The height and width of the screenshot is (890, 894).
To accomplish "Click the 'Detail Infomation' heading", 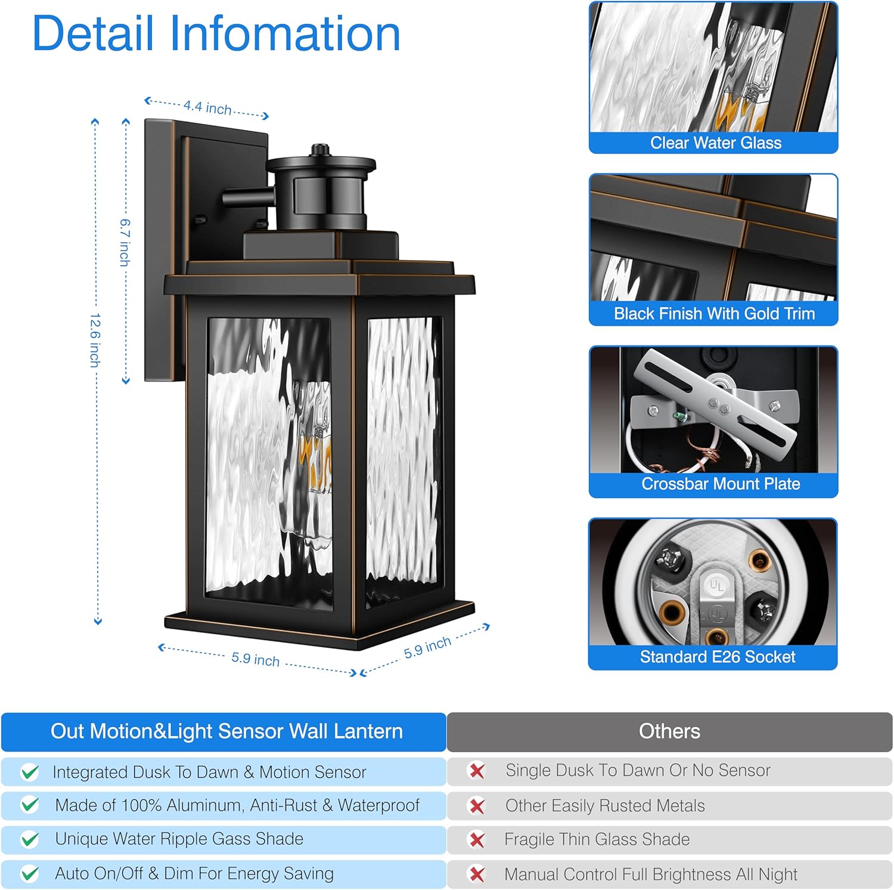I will (x=216, y=34).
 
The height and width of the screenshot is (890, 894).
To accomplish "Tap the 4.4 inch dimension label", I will (x=207, y=107).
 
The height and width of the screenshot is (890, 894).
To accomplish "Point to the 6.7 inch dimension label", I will (x=125, y=242).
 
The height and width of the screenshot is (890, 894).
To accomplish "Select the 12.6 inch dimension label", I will (x=95, y=340).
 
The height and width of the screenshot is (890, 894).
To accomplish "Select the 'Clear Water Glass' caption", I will (x=715, y=143).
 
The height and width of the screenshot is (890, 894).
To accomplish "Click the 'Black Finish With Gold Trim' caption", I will (x=714, y=314).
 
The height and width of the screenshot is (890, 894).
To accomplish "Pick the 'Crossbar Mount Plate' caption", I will (x=720, y=484).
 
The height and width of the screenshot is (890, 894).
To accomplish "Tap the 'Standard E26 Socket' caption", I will (x=717, y=657).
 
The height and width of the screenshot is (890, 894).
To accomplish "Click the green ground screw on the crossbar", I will (x=678, y=413).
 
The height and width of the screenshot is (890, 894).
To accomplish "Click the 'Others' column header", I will (x=669, y=731).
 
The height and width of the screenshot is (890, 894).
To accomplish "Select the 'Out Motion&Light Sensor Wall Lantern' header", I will (x=226, y=731).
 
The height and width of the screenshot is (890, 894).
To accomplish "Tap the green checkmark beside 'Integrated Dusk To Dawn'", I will (x=29, y=772).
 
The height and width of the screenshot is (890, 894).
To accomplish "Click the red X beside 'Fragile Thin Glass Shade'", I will (x=477, y=840).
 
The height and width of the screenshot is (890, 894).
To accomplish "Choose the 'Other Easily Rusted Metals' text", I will (x=604, y=806).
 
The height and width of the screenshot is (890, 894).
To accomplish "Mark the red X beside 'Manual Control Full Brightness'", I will (x=477, y=874).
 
